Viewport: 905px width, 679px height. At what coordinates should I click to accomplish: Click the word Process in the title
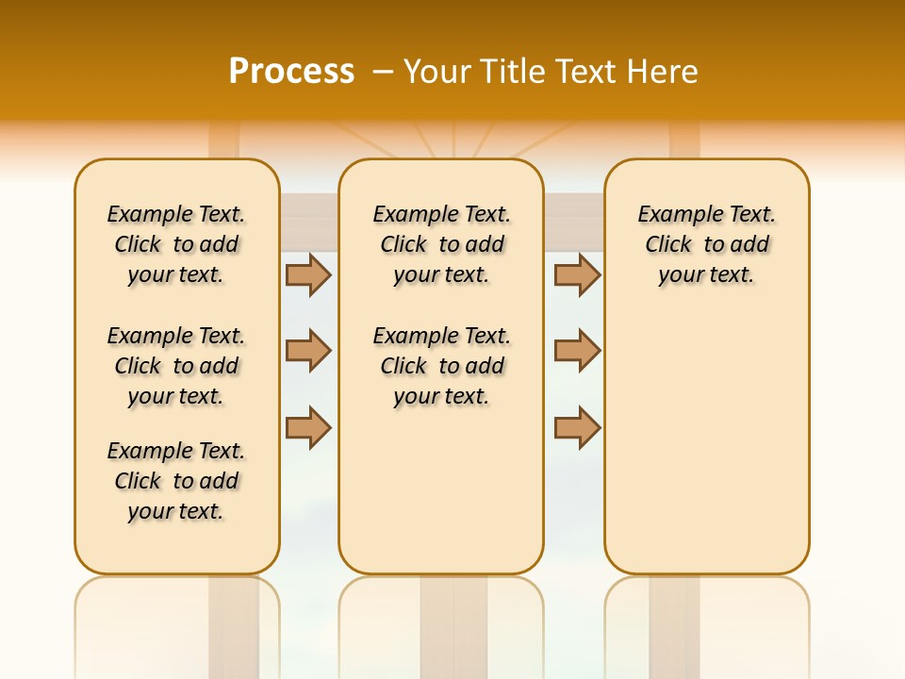tap(291, 71)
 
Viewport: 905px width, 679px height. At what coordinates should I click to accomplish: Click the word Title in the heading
tap(511, 72)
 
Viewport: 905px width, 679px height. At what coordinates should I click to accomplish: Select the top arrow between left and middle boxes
tap(308, 274)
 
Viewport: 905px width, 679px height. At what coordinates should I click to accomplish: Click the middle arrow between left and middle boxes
tap(308, 351)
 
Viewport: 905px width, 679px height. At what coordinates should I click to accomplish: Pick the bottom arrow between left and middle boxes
tap(308, 427)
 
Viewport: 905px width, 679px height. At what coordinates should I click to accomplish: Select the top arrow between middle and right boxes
tap(577, 274)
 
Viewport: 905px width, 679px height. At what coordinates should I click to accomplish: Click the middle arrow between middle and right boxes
tap(577, 351)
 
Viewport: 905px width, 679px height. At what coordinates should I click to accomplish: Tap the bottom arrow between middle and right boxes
tap(577, 427)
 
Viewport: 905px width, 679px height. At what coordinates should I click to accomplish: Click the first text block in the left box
tap(176, 244)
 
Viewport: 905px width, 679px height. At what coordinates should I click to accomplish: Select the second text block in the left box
tap(176, 366)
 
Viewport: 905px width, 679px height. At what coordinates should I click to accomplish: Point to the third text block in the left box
tap(176, 481)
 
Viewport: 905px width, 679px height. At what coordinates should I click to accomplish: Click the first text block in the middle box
tap(441, 244)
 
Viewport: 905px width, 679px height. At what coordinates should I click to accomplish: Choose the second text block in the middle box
tap(441, 366)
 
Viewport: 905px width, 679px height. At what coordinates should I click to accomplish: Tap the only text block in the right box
tap(706, 244)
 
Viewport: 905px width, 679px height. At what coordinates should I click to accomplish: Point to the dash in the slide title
tap(383, 72)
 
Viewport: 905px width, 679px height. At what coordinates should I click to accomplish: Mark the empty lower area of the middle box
tap(441, 490)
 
